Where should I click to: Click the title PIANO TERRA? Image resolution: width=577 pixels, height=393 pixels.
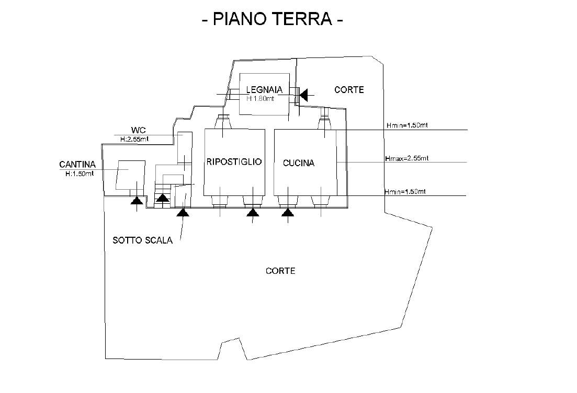[x=272, y=19]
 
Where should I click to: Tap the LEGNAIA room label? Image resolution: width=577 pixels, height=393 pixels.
[x=264, y=90]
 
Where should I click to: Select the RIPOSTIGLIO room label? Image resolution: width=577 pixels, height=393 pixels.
[x=234, y=162]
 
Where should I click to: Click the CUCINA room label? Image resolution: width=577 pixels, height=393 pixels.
[x=299, y=163]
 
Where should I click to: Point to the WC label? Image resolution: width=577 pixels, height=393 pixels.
[x=138, y=130]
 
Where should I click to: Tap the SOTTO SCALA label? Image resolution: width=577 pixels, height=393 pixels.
[x=142, y=241]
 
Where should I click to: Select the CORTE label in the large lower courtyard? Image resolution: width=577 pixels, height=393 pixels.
[x=280, y=271]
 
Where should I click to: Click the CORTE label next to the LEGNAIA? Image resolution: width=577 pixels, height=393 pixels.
[x=349, y=90]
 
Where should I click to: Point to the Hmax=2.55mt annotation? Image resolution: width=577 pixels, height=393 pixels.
[x=406, y=158]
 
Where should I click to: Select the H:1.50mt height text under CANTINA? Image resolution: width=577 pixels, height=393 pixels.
[x=80, y=174]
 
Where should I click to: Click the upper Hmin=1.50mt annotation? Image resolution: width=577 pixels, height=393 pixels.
[x=406, y=125]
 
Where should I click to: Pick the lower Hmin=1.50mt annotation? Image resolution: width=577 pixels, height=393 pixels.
[x=405, y=192]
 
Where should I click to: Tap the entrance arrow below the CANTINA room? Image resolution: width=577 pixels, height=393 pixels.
[x=137, y=200]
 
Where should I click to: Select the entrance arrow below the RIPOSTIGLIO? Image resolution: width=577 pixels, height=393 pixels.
[x=253, y=212]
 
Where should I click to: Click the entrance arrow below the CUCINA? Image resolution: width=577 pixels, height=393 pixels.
[x=287, y=212]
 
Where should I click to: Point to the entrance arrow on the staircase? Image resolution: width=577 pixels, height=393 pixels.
[x=163, y=198]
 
